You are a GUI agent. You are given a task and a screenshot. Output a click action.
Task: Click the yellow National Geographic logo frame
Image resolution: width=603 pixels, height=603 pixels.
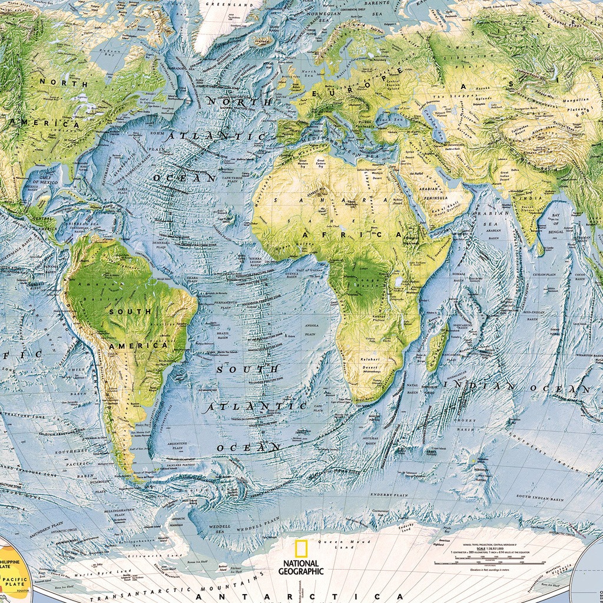301,549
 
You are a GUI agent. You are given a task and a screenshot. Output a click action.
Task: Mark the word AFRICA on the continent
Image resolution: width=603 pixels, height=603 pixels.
351,234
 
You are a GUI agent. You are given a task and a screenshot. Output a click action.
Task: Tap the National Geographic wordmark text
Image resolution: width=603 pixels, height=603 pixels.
301,567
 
